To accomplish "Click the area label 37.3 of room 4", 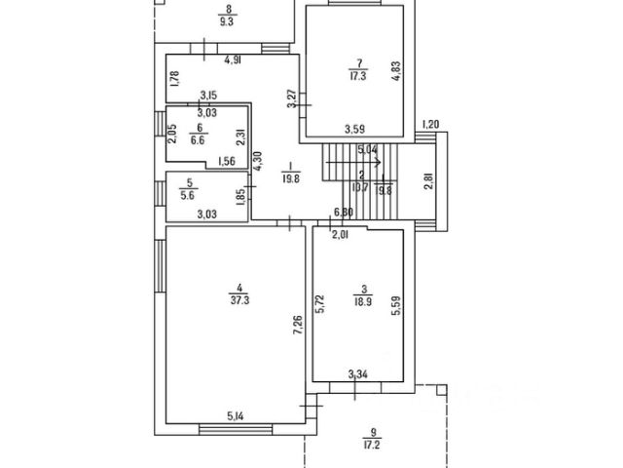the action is [x=238, y=300].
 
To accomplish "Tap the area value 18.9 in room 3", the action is [x=362, y=302].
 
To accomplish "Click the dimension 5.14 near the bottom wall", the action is [x=237, y=416].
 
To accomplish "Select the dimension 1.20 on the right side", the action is [x=432, y=124].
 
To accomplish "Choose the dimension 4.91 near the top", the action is [x=233, y=60].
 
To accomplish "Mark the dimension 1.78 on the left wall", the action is [x=173, y=79].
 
